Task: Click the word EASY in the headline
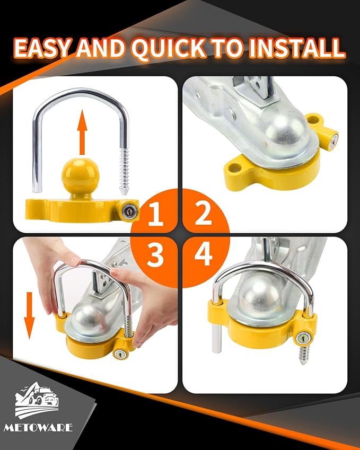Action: tap(41, 49)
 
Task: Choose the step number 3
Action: tap(155, 255)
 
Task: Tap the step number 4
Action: tap(204, 254)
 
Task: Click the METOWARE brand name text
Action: tap(45, 427)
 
